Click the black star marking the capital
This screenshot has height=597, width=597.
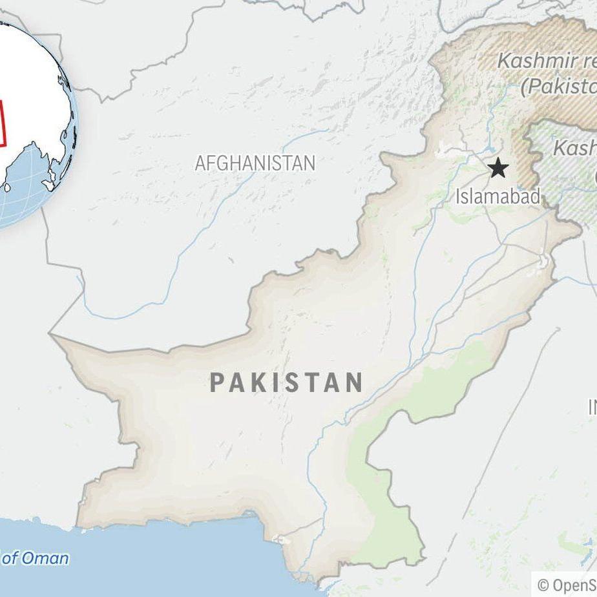(497, 169)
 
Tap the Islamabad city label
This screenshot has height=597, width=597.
(497, 196)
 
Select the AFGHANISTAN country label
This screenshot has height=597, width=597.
(255, 163)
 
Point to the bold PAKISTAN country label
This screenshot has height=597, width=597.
(286, 382)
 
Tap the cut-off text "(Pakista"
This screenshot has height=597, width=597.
(558, 86)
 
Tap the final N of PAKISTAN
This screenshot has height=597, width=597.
(353, 382)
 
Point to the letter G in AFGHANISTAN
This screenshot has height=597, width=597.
(226, 163)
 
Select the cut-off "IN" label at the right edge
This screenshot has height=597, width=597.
(592, 407)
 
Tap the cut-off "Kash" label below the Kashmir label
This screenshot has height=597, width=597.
(574, 148)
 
